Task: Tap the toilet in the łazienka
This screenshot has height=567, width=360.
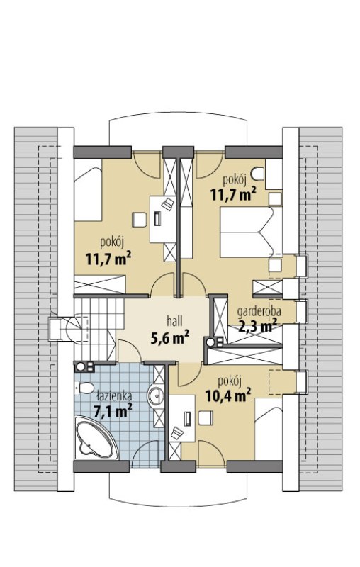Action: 84,389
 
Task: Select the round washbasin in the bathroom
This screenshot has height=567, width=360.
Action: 156,395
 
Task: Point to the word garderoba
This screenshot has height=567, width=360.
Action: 259,310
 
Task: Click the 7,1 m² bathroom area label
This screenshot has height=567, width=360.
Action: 113,410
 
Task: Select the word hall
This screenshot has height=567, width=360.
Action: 174,320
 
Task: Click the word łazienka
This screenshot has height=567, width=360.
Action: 114,395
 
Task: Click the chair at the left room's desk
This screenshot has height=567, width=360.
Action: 139,220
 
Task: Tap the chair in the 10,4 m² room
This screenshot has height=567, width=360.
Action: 206,417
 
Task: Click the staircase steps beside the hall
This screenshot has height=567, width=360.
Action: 95,328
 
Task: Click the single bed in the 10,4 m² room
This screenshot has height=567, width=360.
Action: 269,430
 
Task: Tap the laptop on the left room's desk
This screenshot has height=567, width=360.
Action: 158,219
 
